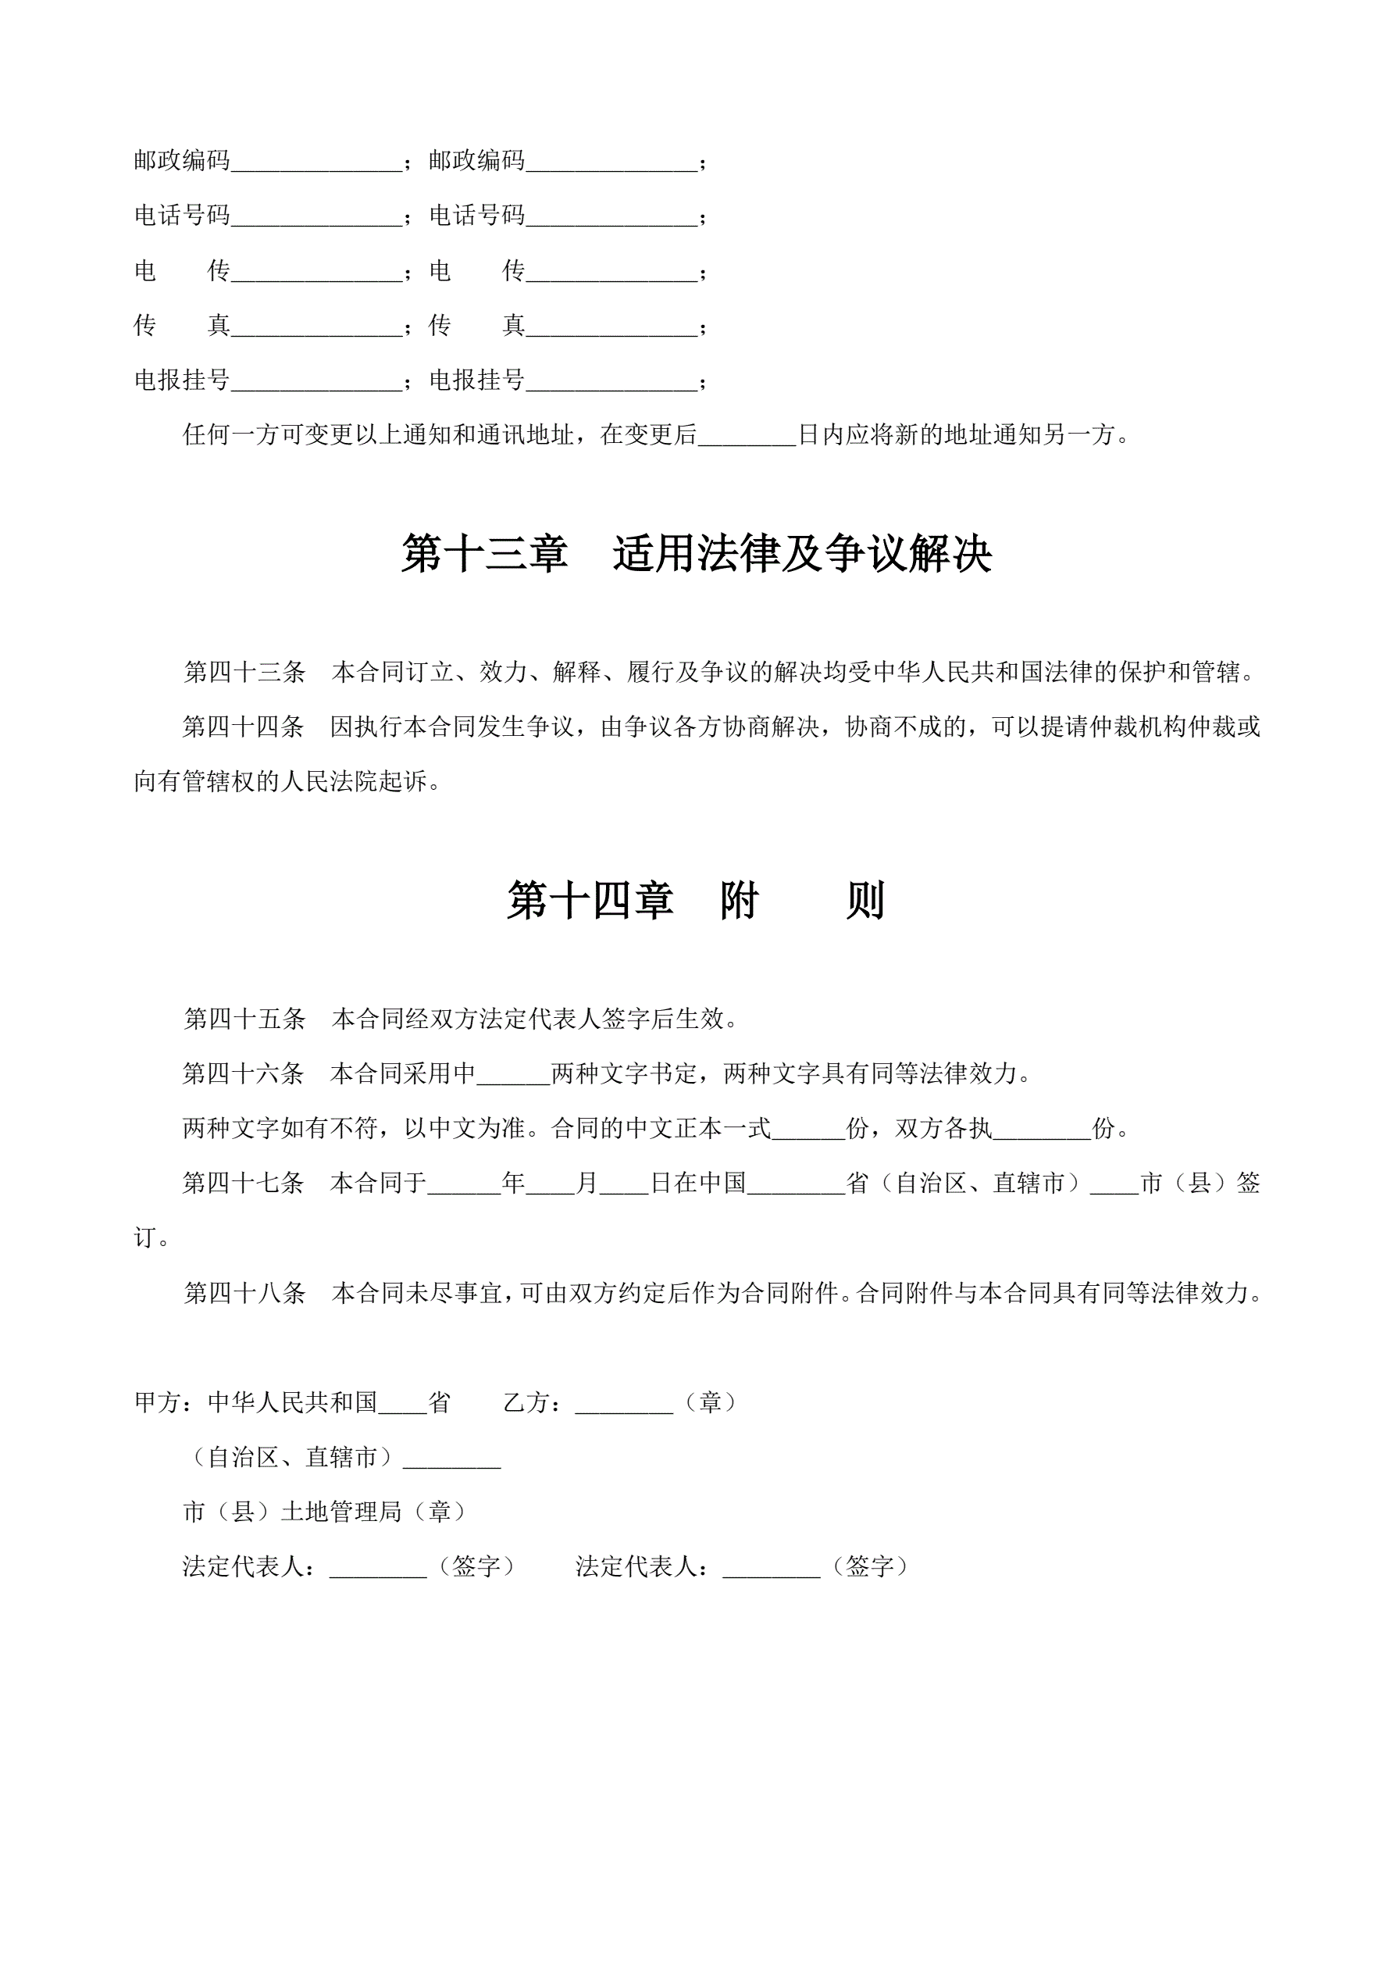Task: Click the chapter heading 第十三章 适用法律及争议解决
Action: (x=696, y=554)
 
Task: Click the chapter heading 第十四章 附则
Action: (x=695, y=902)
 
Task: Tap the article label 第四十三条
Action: (x=244, y=672)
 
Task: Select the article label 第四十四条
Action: (x=243, y=727)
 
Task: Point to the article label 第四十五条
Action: (x=244, y=1019)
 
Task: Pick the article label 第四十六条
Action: (x=243, y=1073)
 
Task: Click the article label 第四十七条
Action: (x=243, y=1183)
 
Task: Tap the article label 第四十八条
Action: (x=244, y=1293)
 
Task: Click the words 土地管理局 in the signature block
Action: (x=341, y=1512)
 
